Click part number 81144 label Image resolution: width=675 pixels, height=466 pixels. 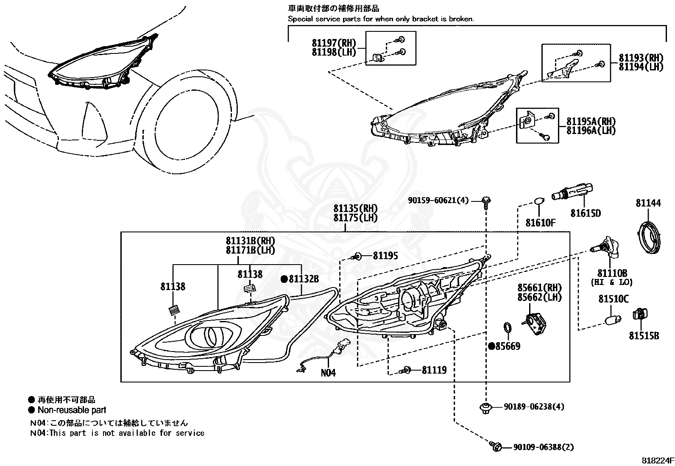click(x=648, y=203)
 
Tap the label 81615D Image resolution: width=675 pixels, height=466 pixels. click(x=586, y=213)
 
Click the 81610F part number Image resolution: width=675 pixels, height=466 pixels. click(x=540, y=223)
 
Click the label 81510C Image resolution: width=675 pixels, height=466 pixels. click(x=614, y=299)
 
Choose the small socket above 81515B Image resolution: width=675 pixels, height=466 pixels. click(x=640, y=314)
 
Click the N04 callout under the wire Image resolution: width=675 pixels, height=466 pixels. click(x=328, y=373)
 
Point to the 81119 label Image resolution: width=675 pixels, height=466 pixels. click(x=434, y=370)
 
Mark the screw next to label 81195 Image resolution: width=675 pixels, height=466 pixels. click(x=357, y=257)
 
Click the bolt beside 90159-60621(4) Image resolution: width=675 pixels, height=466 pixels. click(x=486, y=203)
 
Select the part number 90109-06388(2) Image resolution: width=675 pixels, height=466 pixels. click(x=544, y=447)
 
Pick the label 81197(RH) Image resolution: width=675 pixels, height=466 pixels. click(x=334, y=43)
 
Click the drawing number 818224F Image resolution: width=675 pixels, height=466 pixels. click(x=658, y=460)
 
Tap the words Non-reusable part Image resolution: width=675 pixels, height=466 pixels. click(x=72, y=410)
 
